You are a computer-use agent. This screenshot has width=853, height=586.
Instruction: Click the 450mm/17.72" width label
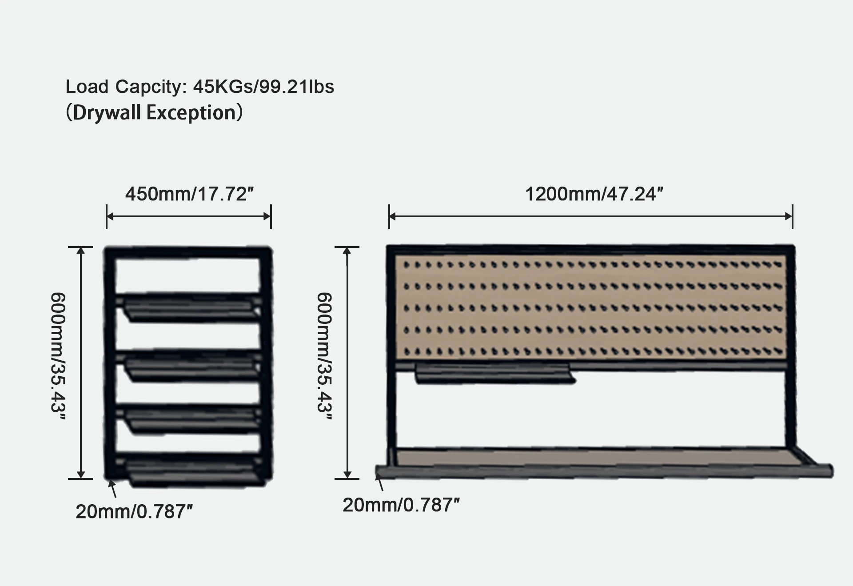tap(189, 194)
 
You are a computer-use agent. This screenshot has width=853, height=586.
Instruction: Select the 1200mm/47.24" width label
tap(594, 194)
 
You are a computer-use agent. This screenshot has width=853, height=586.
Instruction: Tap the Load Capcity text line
tap(199, 87)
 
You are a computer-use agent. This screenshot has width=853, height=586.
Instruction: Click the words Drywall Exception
tap(154, 113)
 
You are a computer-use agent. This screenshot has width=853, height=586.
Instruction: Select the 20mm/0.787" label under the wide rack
tap(401, 505)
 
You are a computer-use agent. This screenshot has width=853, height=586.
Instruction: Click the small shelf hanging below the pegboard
tap(493, 374)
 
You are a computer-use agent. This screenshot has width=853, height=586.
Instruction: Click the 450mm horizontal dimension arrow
tap(189, 216)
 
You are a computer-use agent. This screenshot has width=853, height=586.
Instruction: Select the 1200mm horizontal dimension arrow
tap(591, 216)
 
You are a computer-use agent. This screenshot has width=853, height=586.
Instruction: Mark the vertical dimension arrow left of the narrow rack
tap(81, 363)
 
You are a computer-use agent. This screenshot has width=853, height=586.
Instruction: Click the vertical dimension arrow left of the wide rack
tap(347, 363)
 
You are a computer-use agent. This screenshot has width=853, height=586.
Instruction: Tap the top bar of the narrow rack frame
tap(187, 252)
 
